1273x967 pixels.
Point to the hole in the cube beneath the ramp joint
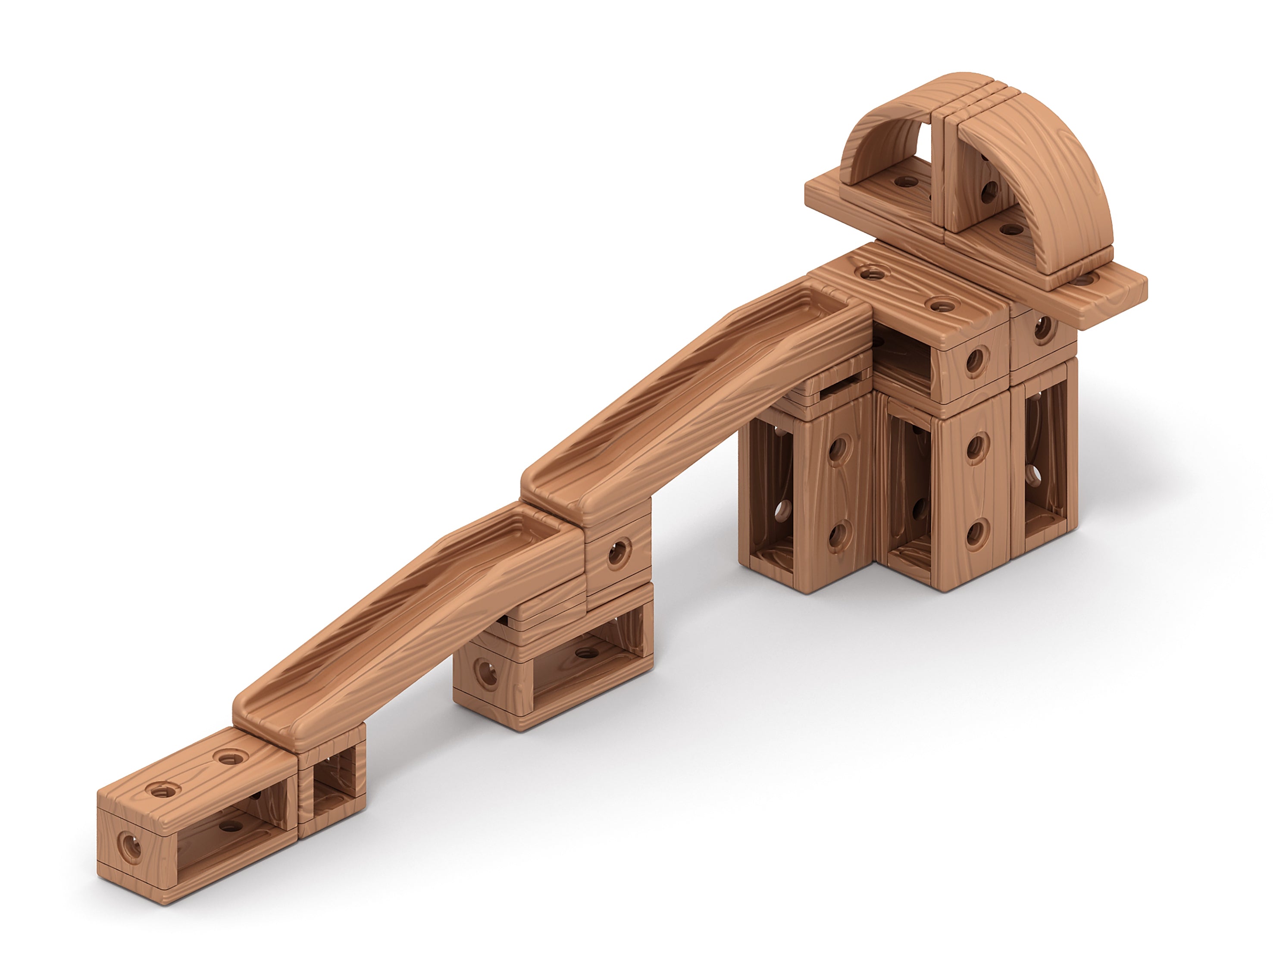click(x=617, y=553)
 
